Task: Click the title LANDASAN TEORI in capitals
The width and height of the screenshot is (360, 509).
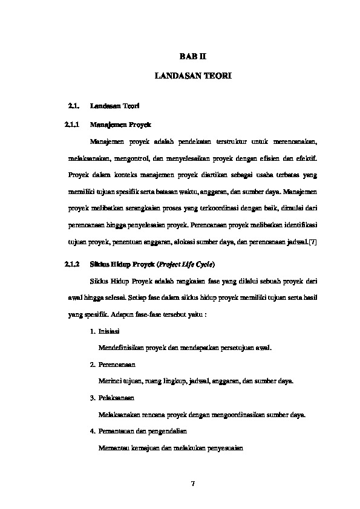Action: pos(193,77)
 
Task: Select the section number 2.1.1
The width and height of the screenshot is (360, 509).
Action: pos(72,124)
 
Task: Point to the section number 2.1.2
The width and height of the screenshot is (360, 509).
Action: pos(72,264)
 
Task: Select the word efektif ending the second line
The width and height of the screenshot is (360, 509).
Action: pos(306,158)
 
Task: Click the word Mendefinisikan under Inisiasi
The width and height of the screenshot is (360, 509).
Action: pos(124,348)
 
